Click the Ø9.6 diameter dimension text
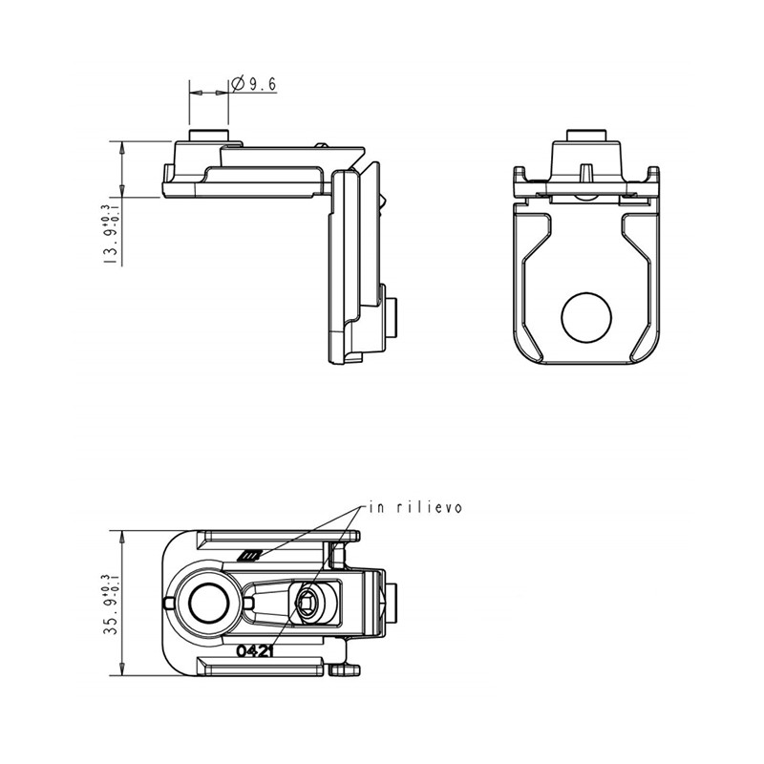point(254,84)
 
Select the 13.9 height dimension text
point(111,234)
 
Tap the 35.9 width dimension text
point(111,604)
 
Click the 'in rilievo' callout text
point(415,507)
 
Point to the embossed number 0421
point(254,650)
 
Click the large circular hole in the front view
point(586,317)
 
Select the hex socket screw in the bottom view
point(307,604)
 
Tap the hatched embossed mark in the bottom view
point(248,555)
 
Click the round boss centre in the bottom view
point(209,604)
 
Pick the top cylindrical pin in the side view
point(208,136)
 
